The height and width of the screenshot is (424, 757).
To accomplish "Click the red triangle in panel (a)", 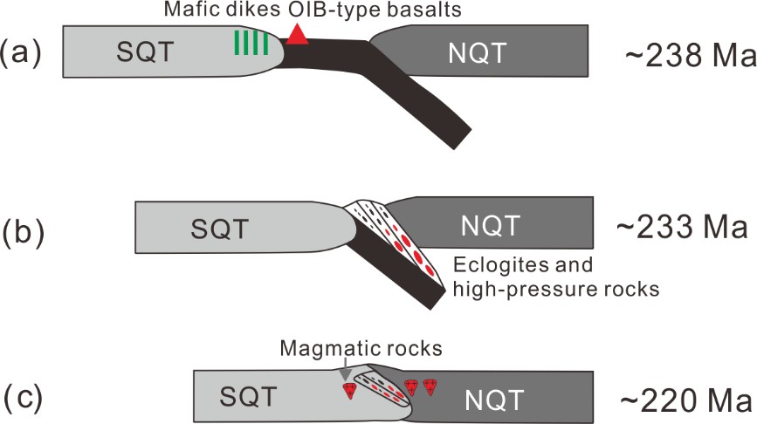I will click(297, 34).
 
